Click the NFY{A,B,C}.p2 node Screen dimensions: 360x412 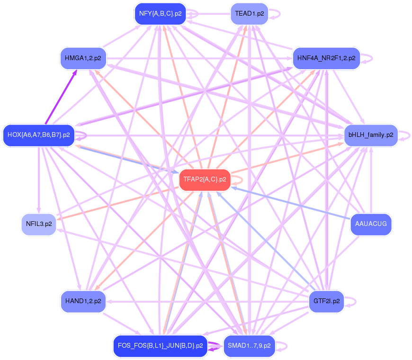point(160,14)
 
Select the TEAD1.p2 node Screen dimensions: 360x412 point(249,14)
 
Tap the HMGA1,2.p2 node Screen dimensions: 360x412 point(83,59)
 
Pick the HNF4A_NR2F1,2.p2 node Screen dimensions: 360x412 point(326,59)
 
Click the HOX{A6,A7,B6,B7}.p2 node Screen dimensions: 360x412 point(39,135)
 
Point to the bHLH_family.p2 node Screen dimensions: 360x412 point(370,135)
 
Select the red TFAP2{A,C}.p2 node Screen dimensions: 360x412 point(205,180)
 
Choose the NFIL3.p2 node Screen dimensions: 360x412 point(39,224)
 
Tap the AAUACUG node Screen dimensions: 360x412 point(370,224)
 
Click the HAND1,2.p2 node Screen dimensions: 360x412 point(83,301)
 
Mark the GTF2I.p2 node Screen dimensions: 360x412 point(326,301)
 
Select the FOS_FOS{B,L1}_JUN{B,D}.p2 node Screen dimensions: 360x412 point(160,346)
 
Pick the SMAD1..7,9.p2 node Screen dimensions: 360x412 point(249,346)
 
